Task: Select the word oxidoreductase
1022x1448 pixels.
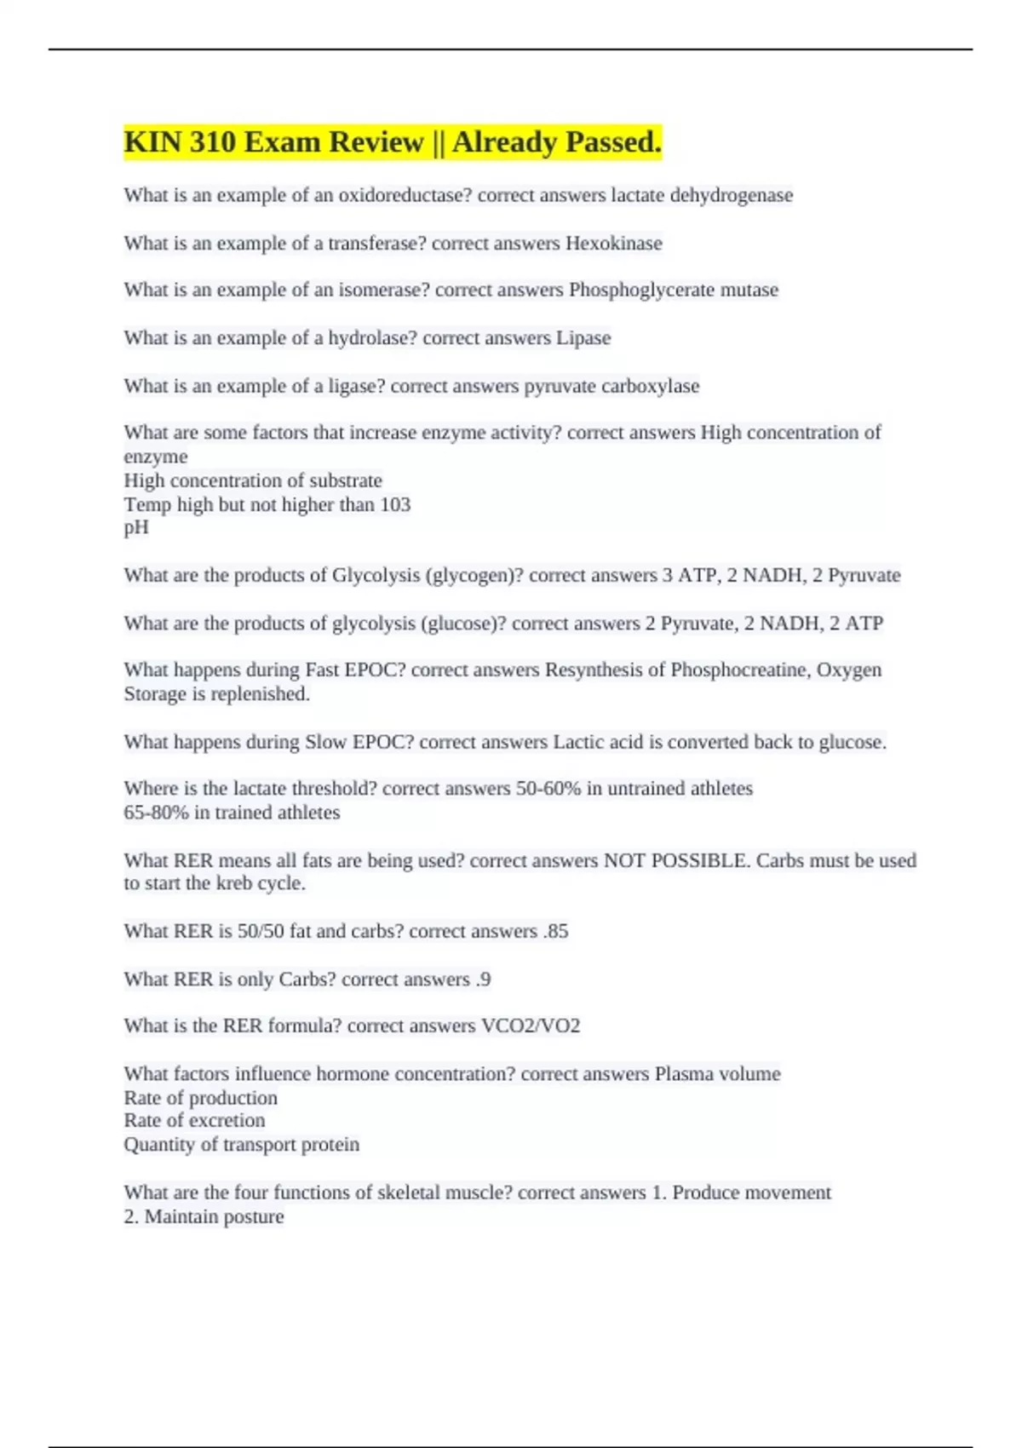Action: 405,195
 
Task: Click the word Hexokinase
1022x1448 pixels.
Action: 614,244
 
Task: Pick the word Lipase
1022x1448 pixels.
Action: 583,338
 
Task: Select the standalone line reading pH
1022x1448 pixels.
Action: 136,528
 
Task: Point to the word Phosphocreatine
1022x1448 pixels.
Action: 740,670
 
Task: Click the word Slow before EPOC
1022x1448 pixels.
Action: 325,743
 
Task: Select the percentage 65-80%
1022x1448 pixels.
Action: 156,813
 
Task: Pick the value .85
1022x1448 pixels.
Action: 555,932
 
